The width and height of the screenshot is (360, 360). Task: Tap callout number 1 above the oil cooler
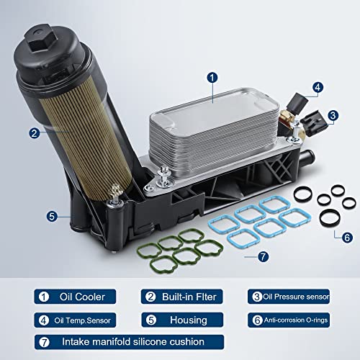tap(212, 77)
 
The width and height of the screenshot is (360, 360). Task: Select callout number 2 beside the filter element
tap(34, 132)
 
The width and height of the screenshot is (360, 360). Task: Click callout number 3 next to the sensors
tap(333, 114)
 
